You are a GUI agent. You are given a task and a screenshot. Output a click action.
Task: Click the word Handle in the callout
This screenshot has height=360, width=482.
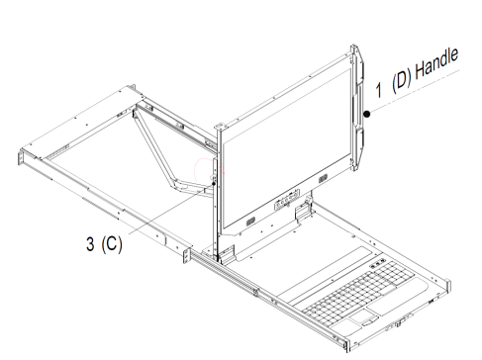436,64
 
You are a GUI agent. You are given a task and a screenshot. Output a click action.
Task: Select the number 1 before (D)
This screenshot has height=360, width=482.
379,90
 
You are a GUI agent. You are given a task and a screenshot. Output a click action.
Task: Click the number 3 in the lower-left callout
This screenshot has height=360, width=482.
90,244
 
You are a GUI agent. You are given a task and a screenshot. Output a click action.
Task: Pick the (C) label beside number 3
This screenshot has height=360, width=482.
112,244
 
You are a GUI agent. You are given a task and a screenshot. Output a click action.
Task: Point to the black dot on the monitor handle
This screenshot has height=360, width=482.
367,115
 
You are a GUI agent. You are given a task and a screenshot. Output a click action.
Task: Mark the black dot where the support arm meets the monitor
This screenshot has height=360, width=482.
214,184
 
